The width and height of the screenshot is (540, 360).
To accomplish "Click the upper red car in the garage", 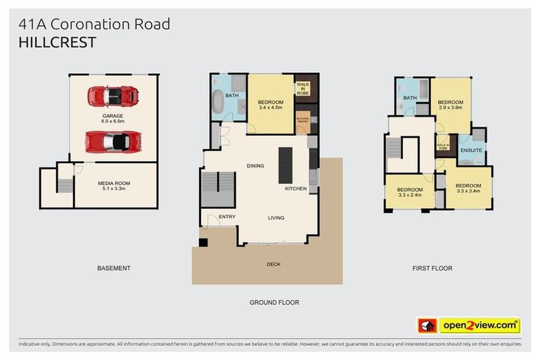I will [112, 94].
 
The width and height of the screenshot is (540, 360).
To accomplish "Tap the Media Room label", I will [112, 186].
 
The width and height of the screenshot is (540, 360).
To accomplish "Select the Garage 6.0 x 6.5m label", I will [112, 118].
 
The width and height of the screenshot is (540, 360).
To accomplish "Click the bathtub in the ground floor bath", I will [218, 103].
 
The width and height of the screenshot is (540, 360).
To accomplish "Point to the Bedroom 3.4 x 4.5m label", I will [270, 104].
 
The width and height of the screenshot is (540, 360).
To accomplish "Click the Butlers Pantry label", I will [303, 121].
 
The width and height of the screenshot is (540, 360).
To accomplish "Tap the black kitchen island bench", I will [285, 165].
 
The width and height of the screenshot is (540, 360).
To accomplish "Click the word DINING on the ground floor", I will [255, 166].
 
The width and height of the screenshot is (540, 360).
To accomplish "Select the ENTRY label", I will [226, 217].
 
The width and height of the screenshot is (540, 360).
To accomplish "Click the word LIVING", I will [276, 217].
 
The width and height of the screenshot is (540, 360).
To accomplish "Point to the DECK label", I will [274, 265].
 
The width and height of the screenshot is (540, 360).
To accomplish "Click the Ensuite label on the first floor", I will [470, 150].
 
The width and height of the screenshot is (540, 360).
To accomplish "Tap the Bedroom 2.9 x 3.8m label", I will [451, 105].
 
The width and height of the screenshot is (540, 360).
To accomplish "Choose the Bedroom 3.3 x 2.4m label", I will [409, 193].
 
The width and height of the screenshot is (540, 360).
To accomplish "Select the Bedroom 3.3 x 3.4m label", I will [468, 188].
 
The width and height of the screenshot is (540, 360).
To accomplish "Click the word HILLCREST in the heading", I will [58, 44].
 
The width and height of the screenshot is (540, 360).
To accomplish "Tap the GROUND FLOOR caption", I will [274, 302].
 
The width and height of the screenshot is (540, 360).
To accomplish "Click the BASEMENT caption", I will [113, 268].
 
